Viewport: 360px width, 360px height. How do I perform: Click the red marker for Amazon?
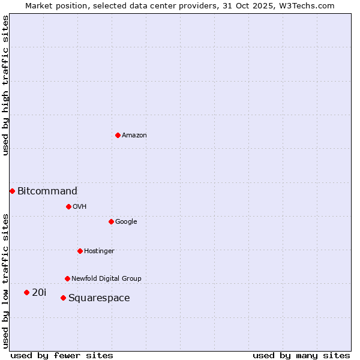(x=118, y=135)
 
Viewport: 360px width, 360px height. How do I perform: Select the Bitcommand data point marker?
(x=12, y=191)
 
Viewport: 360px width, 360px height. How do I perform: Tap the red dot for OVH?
(x=68, y=206)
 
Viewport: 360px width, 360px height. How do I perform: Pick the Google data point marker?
(x=111, y=221)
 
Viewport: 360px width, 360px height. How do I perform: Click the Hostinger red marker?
(x=80, y=251)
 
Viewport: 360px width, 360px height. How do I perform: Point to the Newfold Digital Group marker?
(x=67, y=278)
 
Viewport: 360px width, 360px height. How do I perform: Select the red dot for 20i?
(x=26, y=292)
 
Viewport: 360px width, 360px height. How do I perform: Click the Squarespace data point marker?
(x=63, y=298)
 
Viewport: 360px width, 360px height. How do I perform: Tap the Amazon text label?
(x=134, y=136)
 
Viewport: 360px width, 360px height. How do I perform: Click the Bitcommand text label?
(x=47, y=191)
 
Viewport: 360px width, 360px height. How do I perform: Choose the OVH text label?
(x=80, y=207)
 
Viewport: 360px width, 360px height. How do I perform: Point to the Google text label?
(x=126, y=222)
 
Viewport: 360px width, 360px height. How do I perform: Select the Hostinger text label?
(x=99, y=251)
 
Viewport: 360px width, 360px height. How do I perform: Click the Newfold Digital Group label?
(x=106, y=279)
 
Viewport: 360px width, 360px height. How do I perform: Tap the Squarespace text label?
(x=99, y=298)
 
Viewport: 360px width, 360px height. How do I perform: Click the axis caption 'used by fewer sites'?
(x=62, y=356)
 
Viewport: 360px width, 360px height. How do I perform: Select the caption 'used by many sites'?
(x=301, y=356)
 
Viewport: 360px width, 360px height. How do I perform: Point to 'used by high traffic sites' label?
(x=6, y=85)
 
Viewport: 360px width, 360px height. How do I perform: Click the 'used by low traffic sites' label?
(x=6, y=280)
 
